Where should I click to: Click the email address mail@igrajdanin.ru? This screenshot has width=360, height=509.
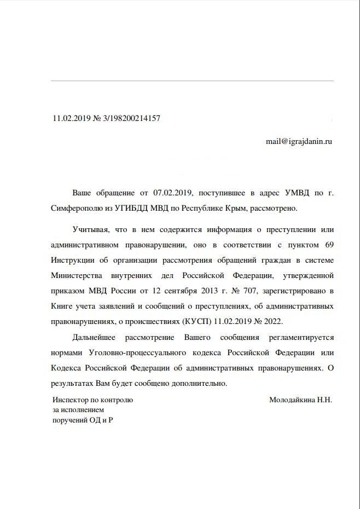[299, 141]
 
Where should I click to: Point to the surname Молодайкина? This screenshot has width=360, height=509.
[292, 400]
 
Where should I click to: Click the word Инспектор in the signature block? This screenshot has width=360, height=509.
[72, 400]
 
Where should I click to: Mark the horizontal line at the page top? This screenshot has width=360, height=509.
[191, 81]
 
